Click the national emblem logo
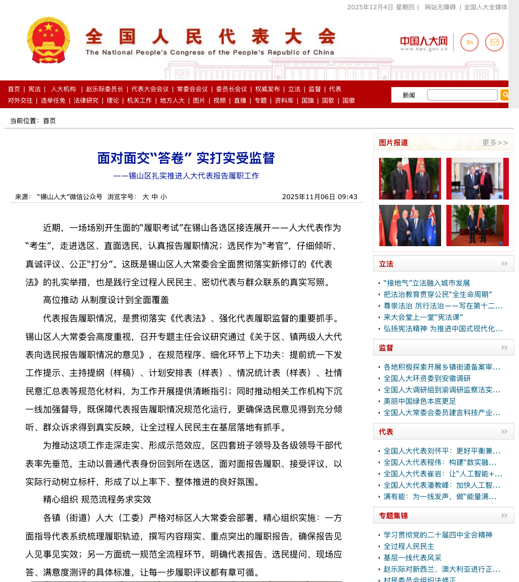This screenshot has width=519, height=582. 48,40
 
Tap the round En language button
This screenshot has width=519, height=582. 469,42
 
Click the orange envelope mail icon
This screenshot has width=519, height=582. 494,42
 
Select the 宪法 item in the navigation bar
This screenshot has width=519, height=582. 34,89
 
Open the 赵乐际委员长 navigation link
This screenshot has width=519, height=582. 104,89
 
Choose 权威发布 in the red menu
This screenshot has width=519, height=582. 267,89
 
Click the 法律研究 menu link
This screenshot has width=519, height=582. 86,101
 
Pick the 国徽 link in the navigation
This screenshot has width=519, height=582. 349,101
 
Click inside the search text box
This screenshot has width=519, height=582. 462,95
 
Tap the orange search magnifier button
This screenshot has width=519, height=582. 505,95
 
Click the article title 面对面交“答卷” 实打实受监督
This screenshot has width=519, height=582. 186,158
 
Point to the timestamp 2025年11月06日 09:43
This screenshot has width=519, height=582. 320,197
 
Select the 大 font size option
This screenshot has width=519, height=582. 146,197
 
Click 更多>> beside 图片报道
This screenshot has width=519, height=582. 495,143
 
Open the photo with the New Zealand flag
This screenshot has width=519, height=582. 410,226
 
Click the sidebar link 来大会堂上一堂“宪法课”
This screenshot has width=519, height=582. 423,317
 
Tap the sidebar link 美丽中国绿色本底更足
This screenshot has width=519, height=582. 420,401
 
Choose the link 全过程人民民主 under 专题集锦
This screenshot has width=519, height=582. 409,546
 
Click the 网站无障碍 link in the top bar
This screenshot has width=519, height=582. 440,7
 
